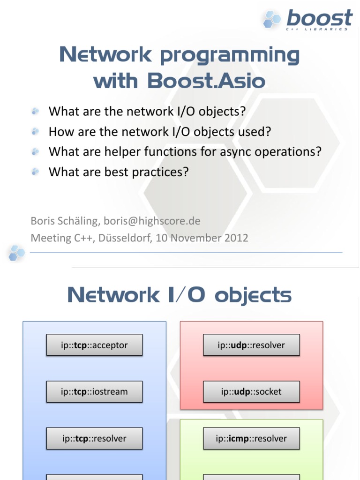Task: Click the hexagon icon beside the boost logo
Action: pos(272,19)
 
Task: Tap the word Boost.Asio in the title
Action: pos(206,81)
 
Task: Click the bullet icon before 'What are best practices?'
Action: pos(35,172)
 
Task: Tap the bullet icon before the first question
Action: pos(35,111)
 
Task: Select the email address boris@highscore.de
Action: pos(152,220)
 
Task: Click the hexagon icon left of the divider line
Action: pos(16,253)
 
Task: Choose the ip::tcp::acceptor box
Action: pos(94,345)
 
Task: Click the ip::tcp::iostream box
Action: pos(94,391)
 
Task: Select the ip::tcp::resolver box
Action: pos(94,438)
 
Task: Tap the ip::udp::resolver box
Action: pos(251,345)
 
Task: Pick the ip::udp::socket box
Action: pos(251,391)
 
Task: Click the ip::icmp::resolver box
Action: pos(251,438)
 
